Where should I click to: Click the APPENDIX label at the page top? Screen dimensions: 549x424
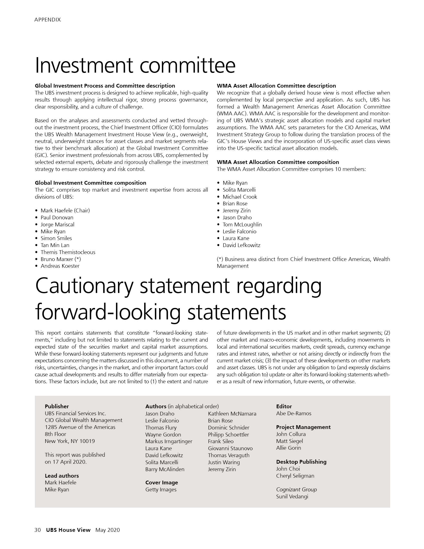click(x=47, y=20)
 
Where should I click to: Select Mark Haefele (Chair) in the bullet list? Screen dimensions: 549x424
click(x=65, y=210)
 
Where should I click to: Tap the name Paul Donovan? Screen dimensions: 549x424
click(x=57, y=217)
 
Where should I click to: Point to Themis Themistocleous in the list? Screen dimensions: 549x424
click(x=68, y=252)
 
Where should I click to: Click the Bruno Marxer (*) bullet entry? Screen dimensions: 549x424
click(x=61, y=259)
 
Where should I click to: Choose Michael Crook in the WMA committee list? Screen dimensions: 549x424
click(x=240, y=197)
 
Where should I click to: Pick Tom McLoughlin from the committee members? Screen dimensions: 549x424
click(x=242, y=225)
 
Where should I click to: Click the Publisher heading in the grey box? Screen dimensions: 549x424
click(x=57, y=406)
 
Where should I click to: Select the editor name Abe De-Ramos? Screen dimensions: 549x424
click(x=294, y=413)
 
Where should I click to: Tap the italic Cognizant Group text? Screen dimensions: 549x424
click(x=296, y=489)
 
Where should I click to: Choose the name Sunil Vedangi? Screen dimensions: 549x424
click(x=292, y=496)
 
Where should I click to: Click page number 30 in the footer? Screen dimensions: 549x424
click(x=37, y=530)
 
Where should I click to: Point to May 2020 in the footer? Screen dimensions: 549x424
click(x=107, y=530)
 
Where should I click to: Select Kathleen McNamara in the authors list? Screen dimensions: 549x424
click(x=232, y=413)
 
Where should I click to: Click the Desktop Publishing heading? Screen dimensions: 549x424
click(x=301, y=461)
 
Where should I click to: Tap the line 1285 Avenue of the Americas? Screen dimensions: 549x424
click(x=80, y=427)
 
